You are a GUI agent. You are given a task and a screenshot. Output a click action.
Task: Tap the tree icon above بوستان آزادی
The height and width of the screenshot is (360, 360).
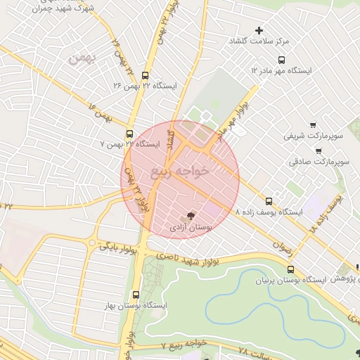coord(191,216)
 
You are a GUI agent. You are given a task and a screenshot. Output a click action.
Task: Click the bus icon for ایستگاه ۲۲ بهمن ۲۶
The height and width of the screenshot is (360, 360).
coord(145,75)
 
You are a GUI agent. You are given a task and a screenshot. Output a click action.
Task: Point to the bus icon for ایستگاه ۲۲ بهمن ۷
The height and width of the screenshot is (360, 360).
coord(129,134)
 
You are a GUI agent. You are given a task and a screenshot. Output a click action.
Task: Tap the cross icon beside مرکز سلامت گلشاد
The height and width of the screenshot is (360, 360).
coord(259,31)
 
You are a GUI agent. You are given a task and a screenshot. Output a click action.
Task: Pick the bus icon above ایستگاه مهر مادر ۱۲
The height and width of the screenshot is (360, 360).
coord(281,60)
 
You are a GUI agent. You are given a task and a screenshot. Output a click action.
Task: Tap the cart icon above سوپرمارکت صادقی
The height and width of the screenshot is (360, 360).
coord(318,150)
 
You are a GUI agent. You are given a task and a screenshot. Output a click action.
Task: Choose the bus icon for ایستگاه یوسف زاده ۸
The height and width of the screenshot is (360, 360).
coord(268,200)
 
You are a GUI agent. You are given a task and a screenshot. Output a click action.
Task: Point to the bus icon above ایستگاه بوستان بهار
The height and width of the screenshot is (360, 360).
coord(136,295)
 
